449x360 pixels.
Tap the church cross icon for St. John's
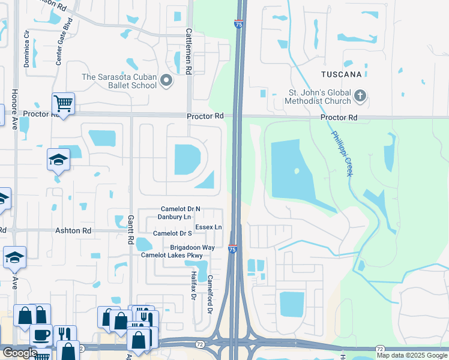tap(360, 95)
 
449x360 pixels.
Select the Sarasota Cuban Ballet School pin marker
tap(167, 80)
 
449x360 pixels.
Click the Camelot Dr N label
tap(180, 209)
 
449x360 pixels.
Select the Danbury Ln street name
tap(174, 217)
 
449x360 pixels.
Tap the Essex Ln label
tap(209, 227)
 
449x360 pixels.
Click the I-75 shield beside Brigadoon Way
tap(232, 248)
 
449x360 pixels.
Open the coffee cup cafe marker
tap(41, 335)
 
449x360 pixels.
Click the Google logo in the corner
tap(19, 353)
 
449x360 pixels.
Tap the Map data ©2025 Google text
tap(411, 355)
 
